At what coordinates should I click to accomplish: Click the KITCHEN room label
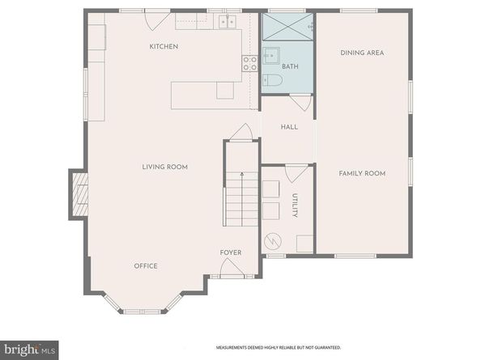164,47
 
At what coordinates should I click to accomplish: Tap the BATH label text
290,66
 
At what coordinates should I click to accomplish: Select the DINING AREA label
361,53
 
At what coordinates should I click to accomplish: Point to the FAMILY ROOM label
361,173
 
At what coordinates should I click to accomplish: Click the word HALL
289,127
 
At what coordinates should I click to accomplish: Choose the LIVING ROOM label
165,167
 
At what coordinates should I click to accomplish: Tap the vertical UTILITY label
296,205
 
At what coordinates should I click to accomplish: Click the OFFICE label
146,266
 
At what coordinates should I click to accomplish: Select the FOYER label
231,252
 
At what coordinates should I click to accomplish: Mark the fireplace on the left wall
80,195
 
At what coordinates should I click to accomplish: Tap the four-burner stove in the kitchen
249,64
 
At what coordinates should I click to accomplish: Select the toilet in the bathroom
272,80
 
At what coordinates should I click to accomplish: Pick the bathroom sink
270,57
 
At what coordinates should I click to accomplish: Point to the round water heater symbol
273,240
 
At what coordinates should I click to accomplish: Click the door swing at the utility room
296,173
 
